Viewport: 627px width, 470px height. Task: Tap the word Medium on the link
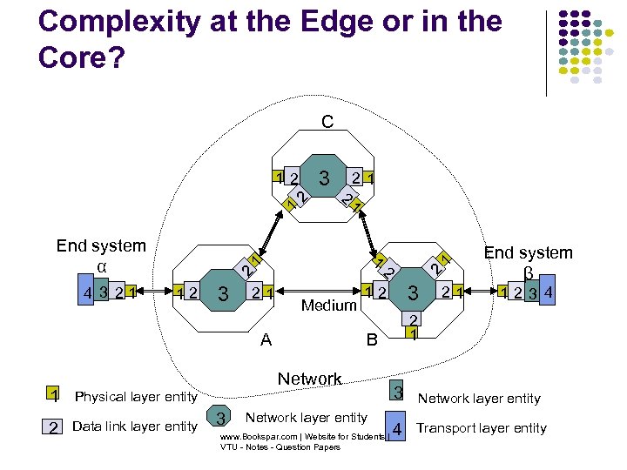click(329, 305)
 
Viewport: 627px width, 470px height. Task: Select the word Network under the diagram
click(309, 379)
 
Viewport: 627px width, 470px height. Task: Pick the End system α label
click(101, 255)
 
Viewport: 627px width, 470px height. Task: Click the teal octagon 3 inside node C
click(324, 179)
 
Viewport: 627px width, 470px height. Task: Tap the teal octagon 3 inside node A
click(223, 293)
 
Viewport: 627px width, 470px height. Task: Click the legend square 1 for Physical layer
click(53, 396)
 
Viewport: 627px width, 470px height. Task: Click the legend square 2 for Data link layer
click(53, 426)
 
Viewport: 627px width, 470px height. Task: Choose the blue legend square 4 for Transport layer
click(397, 428)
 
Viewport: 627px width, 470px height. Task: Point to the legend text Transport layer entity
click(482, 428)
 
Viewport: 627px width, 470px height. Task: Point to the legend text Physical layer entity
click(137, 397)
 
